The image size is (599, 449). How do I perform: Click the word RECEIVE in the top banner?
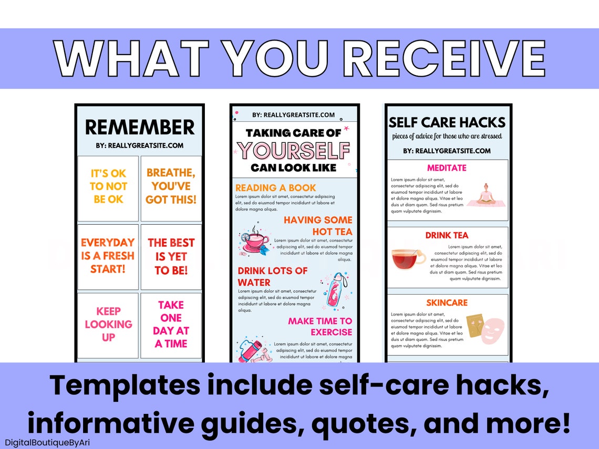pyautogui.click(x=447, y=58)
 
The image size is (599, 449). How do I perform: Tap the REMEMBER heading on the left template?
pyautogui.click(x=140, y=127)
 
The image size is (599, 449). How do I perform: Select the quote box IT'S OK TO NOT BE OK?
pyautogui.click(x=108, y=186)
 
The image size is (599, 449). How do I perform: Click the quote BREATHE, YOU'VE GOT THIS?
pyautogui.click(x=171, y=186)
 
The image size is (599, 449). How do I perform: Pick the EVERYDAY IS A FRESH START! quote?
pyautogui.click(x=108, y=256)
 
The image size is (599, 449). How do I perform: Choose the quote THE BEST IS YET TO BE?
pyautogui.click(x=171, y=257)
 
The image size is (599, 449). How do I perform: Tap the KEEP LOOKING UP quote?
pyautogui.click(x=108, y=324)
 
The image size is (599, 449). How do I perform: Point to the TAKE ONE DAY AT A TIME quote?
pyautogui.click(x=171, y=324)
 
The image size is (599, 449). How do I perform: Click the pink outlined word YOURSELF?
pyautogui.click(x=293, y=151)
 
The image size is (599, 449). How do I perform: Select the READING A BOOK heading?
pyautogui.click(x=276, y=187)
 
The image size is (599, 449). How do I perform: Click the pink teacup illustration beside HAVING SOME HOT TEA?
pyautogui.click(x=254, y=241)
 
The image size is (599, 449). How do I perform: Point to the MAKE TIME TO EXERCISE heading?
pyautogui.click(x=320, y=326)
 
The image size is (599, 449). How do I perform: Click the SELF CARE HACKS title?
pyautogui.click(x=447, y=123)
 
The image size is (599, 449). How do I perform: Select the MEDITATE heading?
pyautogui.click(x=447, y=168)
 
